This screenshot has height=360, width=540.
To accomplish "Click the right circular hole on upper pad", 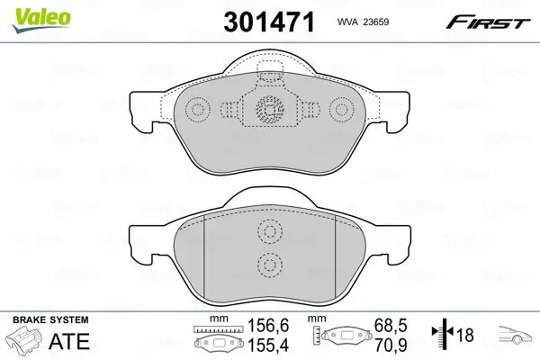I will point(341,111).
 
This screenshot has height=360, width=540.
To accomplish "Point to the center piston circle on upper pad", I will point(268,110).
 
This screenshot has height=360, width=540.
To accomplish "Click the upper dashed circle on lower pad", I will point(268,232).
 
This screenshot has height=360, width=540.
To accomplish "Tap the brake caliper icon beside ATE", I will point(24,343).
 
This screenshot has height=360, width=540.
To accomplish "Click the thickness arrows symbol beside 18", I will point(439,336).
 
